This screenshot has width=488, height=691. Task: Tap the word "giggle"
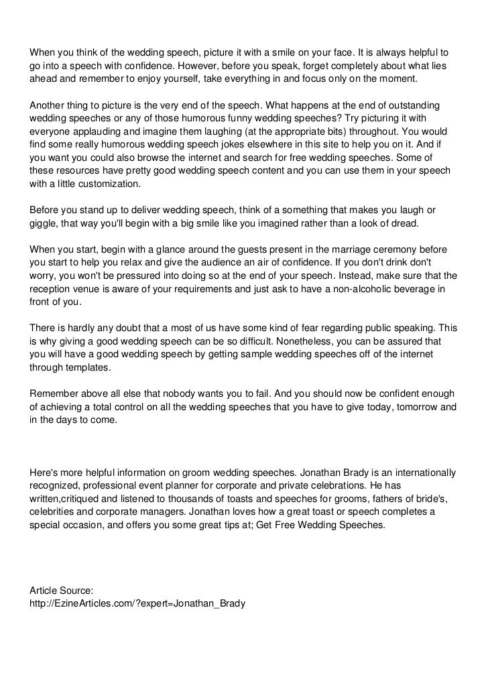click(x=44, y=223)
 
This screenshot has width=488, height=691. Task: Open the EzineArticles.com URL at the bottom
click(x=137, y=603)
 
